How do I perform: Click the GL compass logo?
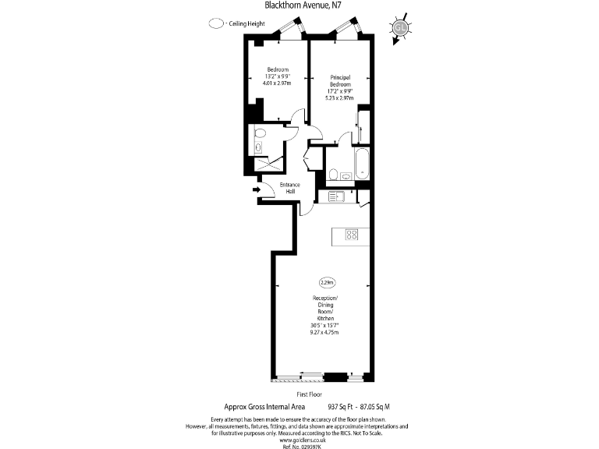tap(401, 27)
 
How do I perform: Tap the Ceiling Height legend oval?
tap(216, 24)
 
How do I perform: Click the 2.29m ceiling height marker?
tap(327, 281)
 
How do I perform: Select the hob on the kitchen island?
tap(352, 234)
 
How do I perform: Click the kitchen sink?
tap(338, 196)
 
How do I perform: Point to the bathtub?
tap(361, 161)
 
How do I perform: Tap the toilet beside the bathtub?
tap(333, 173)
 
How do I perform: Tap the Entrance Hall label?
tap(290, 188)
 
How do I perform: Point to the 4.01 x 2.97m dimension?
tap(277, 83)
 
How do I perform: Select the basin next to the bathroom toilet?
tap(346, 177)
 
